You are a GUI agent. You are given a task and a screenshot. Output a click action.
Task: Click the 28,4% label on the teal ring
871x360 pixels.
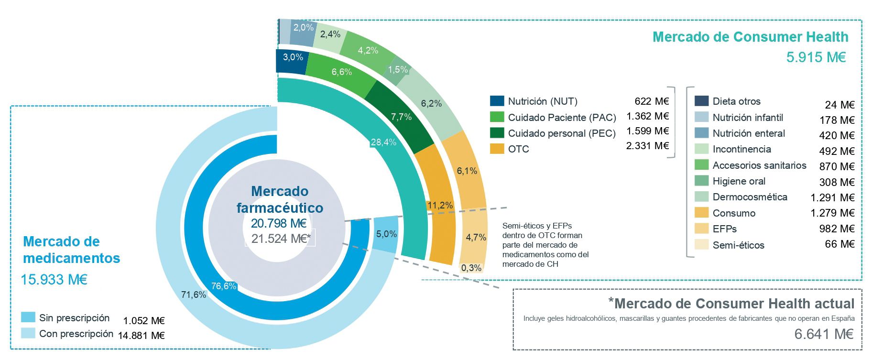(383, 142)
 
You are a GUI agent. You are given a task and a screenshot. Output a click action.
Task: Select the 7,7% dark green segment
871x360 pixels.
(400, 116)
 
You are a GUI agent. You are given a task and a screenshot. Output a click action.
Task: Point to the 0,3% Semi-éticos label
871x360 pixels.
(471, 268)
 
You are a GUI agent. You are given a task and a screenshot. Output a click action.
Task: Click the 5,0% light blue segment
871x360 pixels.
(386, 234)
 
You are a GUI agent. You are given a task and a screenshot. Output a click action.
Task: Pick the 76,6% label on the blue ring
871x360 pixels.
(223, 286)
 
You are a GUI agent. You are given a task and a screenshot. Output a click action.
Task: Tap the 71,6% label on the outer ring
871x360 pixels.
(194, 295)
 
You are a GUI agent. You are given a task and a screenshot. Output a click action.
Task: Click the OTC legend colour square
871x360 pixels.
(497, 149)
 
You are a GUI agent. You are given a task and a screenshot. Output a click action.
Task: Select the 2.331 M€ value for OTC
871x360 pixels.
(647, 145)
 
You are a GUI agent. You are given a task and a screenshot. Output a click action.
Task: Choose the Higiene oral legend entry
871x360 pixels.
(739, 181)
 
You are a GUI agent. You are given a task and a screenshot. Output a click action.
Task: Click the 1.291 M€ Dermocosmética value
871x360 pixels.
(832, 197)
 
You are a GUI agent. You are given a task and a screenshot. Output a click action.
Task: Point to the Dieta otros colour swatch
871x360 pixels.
(701, 101)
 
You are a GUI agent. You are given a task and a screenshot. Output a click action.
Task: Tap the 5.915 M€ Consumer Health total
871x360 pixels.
(816, 57)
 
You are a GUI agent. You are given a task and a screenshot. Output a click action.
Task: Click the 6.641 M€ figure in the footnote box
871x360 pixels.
(824, 334)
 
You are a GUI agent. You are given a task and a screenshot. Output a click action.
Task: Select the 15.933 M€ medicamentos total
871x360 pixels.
(54, 279)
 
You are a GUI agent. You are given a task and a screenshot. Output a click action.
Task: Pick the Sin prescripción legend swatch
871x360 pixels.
(28, 317)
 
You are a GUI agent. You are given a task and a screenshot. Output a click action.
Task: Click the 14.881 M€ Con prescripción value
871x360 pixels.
(141, 336)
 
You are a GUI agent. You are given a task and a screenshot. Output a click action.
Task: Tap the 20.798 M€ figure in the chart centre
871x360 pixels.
(279, 223)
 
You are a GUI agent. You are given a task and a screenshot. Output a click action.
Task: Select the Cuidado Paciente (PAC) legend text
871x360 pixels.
(562, 117)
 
